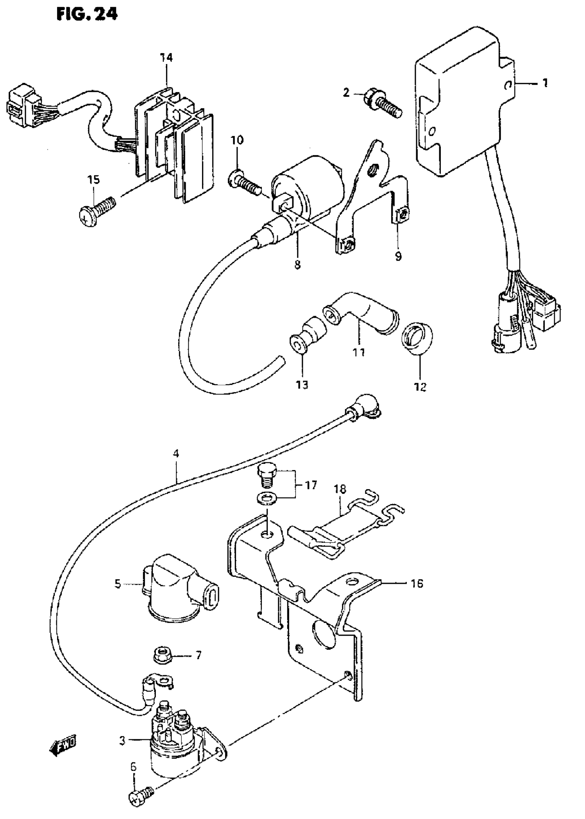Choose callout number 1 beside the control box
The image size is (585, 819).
pyautogui.click(x=545, y=83)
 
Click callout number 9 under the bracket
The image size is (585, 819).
pyautogui.click(x=398, y=256)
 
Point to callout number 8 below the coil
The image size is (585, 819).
pyautogui.click(x=297, y=265)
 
